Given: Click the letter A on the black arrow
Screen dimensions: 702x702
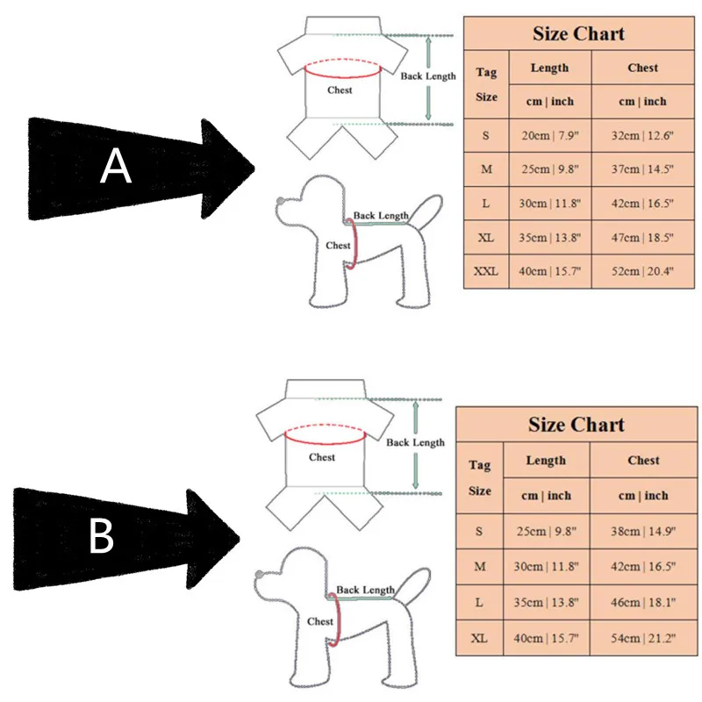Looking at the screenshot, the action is click(116, 166).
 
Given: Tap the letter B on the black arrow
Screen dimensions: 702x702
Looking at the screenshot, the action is click(102, 536).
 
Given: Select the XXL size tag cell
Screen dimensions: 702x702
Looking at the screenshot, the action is click(485, 271).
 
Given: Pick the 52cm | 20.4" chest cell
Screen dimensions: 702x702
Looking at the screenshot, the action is click(643, 271).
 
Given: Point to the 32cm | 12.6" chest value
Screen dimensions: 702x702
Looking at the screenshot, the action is click(643, 135).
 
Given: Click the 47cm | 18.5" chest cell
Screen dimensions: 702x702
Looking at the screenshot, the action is click(643, 237).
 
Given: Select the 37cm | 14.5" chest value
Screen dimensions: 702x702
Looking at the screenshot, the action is click(643, 168).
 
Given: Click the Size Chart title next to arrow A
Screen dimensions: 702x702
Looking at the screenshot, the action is click(578, 34).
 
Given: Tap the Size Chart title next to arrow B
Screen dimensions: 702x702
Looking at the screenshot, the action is click(577, 426).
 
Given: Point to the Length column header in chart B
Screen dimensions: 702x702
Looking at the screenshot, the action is click(546, 461).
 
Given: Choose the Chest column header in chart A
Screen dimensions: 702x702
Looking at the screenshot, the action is click(643, 68).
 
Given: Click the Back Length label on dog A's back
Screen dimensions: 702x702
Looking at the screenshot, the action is click(381, 216).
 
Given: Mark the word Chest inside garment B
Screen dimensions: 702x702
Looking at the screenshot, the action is click(322, 457).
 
